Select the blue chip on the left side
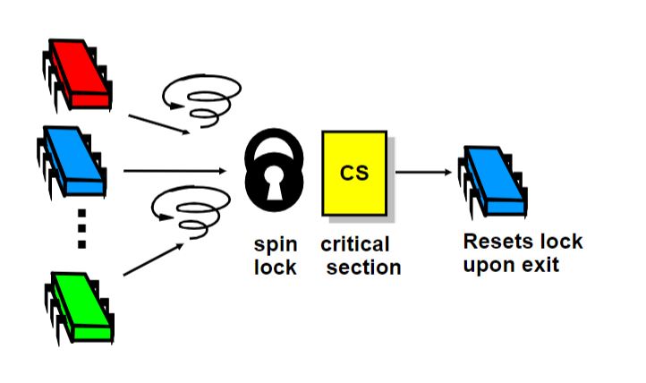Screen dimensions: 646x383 72,161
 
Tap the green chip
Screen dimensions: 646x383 79,307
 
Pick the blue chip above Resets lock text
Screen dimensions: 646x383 493,181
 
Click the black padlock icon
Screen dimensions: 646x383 274,170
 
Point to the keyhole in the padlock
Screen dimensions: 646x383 275,183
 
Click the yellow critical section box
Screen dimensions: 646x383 354,173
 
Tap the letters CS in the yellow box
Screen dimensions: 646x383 354,173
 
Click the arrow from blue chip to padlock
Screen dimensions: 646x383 175,171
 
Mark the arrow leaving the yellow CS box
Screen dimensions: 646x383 423,172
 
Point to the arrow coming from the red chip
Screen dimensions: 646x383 159,124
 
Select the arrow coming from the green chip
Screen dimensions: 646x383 153,260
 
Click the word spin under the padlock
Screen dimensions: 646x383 276,245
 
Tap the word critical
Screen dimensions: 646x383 354,244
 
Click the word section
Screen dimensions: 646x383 364,268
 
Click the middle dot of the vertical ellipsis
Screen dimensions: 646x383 81,228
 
